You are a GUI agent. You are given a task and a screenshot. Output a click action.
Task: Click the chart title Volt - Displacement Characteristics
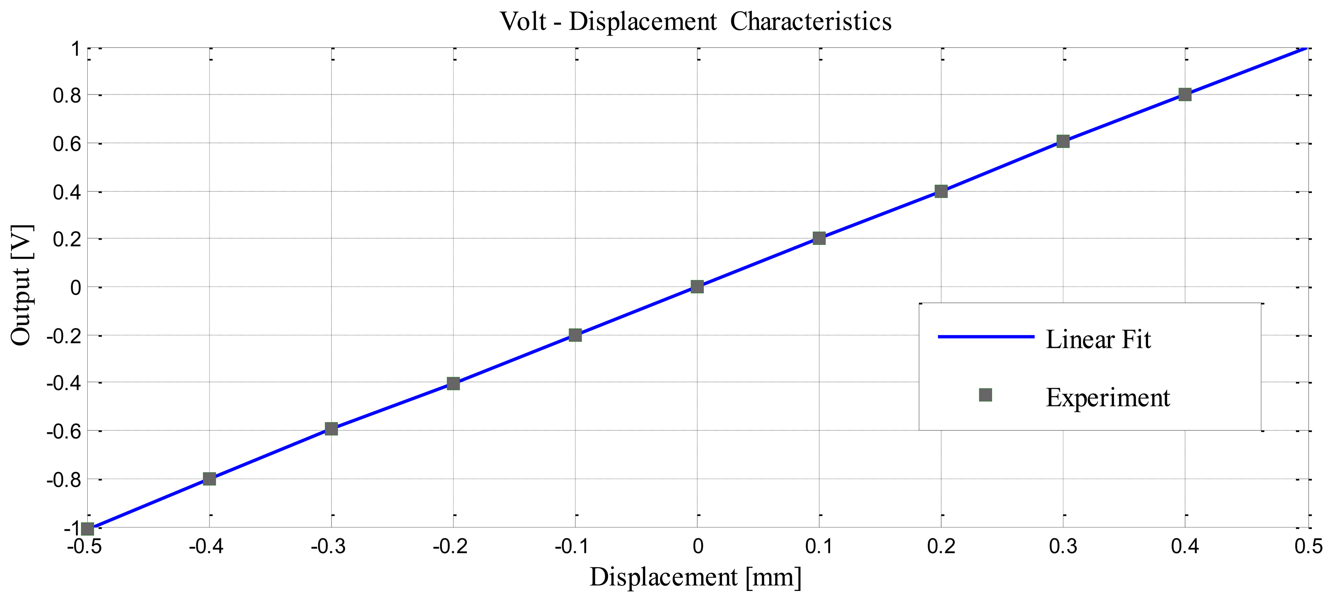[x=695, y=22]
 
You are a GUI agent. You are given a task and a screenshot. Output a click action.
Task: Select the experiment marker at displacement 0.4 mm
[x=1185, y=94]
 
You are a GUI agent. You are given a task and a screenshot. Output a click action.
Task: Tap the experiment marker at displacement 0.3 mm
[x=1063, y=141]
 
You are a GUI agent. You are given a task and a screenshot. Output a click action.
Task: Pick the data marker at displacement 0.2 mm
[x=941, y=191]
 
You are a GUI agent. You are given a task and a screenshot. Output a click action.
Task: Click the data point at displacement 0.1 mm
[x=819, y=238]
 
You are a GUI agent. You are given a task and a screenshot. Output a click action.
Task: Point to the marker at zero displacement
[x=697, y=286]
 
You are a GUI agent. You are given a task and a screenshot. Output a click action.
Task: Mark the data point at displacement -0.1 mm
[x=575, y=335]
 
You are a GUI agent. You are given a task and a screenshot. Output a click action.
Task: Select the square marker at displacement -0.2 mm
[x=453, y=383]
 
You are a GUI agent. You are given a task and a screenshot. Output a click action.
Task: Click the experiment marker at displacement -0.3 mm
[x=331, y=429]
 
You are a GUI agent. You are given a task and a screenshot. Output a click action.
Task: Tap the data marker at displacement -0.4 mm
[x=209, y=479]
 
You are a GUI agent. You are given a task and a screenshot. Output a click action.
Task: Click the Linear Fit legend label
[x=1098, y=340]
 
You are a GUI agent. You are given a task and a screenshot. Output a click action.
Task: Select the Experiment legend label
[x=1107, y=398]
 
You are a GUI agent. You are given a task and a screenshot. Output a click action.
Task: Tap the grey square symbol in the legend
[x=985, y=395]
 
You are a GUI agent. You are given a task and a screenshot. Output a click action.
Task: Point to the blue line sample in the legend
[x=985, y=337]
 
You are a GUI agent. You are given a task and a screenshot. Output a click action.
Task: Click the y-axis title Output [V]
[x=22, y=286]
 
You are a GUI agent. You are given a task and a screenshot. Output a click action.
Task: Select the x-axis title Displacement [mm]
[x=695, y=577]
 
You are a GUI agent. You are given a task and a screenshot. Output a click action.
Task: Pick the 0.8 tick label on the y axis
[x=67, y=95]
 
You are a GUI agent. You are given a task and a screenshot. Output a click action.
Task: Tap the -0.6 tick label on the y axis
[x=64, y=431]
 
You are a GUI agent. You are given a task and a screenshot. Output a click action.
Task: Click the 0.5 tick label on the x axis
[x=1308, y=547]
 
